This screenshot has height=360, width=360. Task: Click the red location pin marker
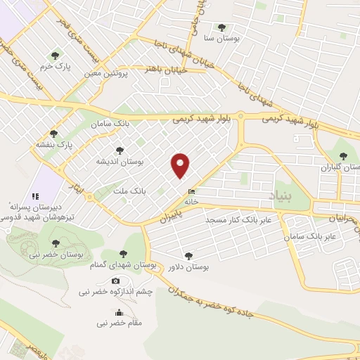coord(181,166)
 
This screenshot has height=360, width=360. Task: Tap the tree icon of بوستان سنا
coord(221,27)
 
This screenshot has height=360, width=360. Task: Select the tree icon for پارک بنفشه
coord(54,133)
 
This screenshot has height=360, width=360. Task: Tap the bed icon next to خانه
coord(191,191)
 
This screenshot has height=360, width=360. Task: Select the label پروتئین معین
coord(109,73)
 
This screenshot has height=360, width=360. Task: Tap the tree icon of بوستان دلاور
coord(188,256)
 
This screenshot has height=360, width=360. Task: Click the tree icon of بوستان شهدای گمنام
coord(123,254)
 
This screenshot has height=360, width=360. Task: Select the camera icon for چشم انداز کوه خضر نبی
coord(115,281)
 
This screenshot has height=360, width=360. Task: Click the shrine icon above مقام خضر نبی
coord(118,313)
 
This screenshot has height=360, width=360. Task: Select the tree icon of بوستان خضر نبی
coord(56,243)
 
